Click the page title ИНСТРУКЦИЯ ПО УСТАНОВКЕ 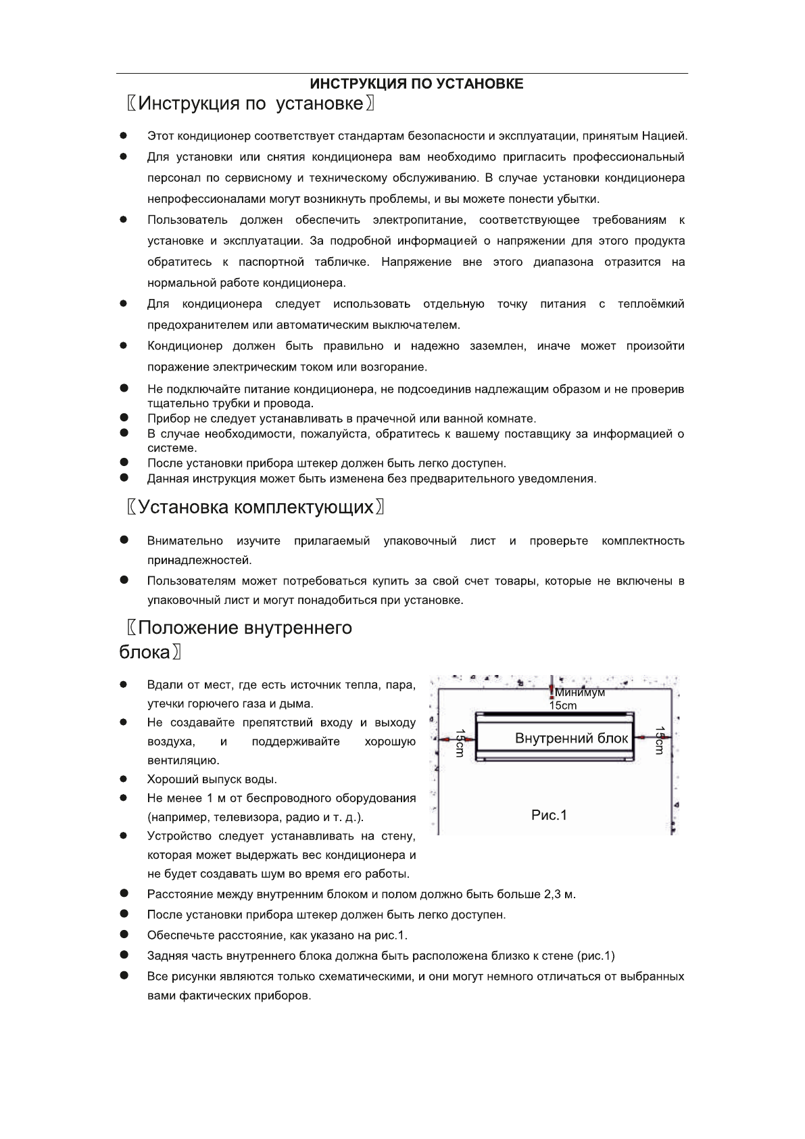click(x=416, y=84)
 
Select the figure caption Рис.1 click(x=549, y=815)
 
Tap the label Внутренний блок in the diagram click(x=571, y=738)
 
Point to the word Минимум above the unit click(x=580, y=693)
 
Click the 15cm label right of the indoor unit click(x=660, y=742)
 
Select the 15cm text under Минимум click(x=562, y=705)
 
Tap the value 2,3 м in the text click(x=559, y=894)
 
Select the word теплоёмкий click(x=650, y=304)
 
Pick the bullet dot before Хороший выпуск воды click(x=124, y=779)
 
